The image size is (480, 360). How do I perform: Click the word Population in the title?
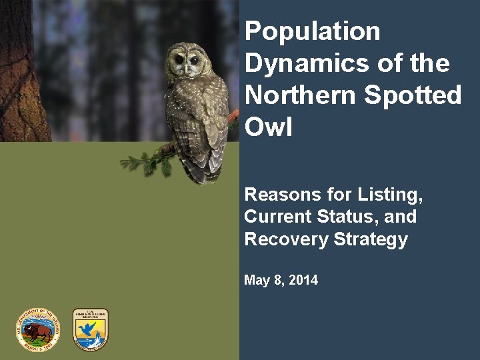coord(312,32)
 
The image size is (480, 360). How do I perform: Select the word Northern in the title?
coord(301,96)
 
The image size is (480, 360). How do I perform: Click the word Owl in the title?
coord(269,127)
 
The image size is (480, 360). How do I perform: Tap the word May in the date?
coord(256,281)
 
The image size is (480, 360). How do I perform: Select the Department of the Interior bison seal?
coord(37,329)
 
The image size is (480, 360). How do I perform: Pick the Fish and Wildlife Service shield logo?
coord(90,329)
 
